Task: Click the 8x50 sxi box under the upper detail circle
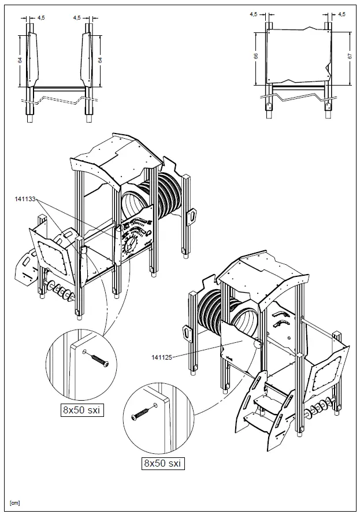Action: (81, 411)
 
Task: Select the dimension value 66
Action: (256, 57)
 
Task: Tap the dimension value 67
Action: (351, 56)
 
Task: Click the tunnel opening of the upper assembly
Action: (134, 204)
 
